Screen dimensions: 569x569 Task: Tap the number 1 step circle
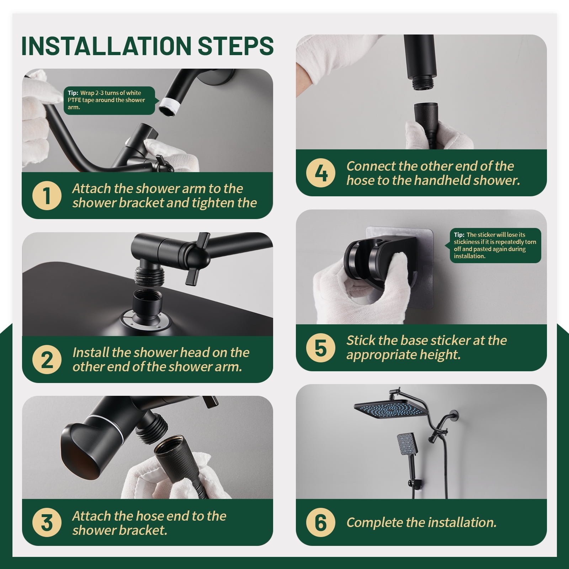point(47,196)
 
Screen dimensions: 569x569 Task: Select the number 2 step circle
point(47,360)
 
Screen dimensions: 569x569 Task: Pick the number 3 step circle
point(47,523)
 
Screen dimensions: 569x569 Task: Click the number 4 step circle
point(320,173)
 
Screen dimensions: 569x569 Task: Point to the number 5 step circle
point(320,347)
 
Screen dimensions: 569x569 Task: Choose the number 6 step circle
point(320,522)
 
